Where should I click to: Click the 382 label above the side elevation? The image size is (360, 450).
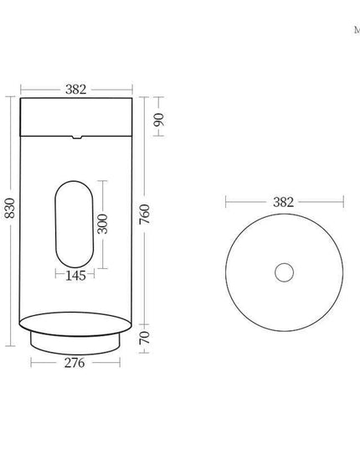tap(76, 90)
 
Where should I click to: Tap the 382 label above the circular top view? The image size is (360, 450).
tap(284, 202)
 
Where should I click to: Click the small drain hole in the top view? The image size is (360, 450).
tap(284, 272)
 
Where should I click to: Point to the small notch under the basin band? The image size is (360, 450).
tap(76, 136)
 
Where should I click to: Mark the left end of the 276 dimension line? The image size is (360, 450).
tap(32, 363)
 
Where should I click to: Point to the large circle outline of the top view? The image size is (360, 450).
tap(226, 272)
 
